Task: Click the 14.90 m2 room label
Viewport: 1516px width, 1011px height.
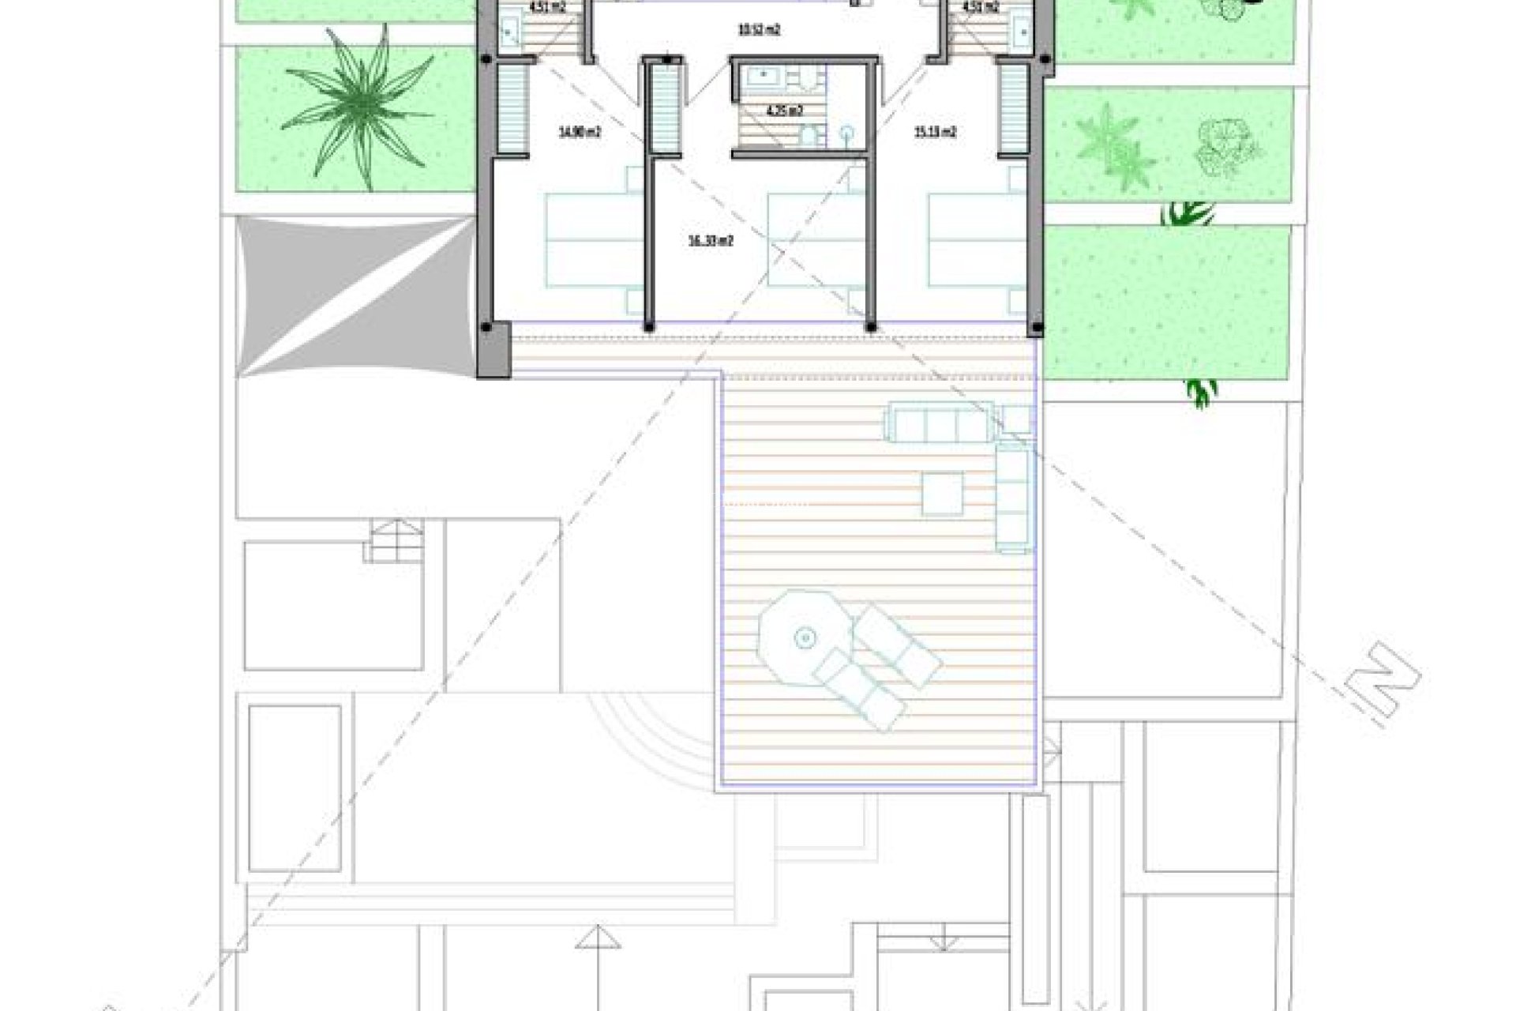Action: coord(580,133)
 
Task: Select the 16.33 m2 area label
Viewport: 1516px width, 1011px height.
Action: coord(711,242)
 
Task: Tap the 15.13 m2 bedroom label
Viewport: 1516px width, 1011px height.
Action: coord(936,133)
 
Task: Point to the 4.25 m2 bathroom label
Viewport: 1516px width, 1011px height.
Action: coord(786,111)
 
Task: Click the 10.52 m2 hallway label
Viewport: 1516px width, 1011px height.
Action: coord(759,32)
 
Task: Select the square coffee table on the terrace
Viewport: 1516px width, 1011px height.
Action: coord(943,494)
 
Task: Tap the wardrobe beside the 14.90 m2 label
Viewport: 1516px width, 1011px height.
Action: coord(511,107)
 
